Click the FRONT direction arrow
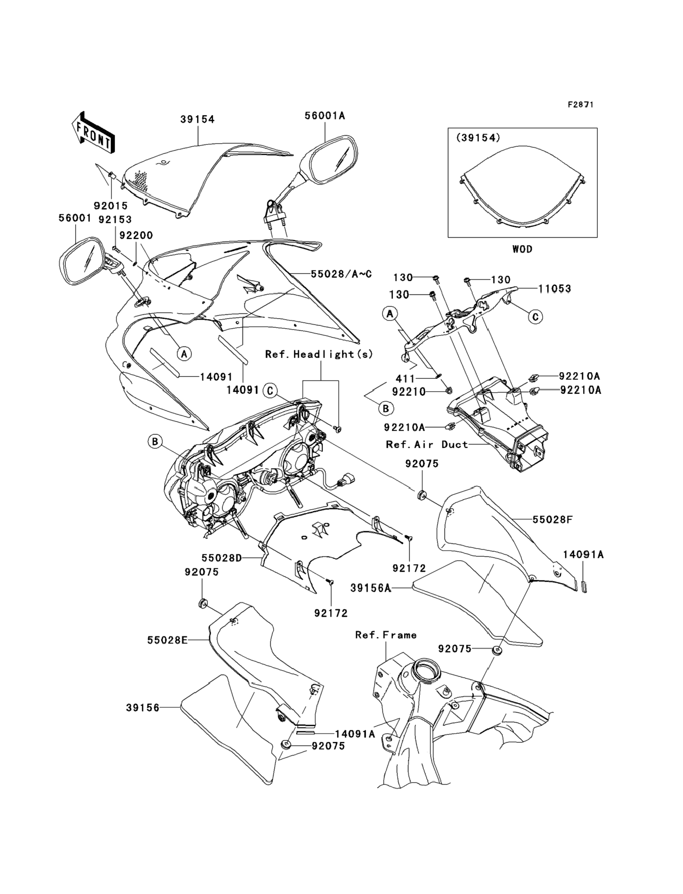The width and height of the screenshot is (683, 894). [x=93, y=132]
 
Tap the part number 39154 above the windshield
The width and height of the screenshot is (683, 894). [x=198, y=120]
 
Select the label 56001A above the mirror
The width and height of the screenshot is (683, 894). [x=325, y=116]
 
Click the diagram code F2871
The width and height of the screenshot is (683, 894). [x=580, y=105]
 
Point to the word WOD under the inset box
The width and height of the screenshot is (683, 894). [x=522, y=249]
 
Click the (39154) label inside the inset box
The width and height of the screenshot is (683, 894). [x=478, y=138]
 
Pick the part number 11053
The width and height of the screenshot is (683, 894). [x=555, y=289]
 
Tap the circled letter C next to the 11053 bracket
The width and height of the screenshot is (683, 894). [x=535, y=316]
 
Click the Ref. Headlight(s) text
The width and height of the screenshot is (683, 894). [x=319, y=354]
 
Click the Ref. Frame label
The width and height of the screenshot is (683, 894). [x=386, y=635]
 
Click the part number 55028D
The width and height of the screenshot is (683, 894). [x=221, y=558]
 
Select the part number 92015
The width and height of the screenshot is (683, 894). [x=111, y=206]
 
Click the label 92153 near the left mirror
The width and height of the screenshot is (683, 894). [x=115, y=220]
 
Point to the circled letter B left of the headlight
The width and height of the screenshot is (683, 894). [x=155, y=441]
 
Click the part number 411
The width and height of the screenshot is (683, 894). [x=405, y=379]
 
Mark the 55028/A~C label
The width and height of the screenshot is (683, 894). [x=341, y=274]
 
